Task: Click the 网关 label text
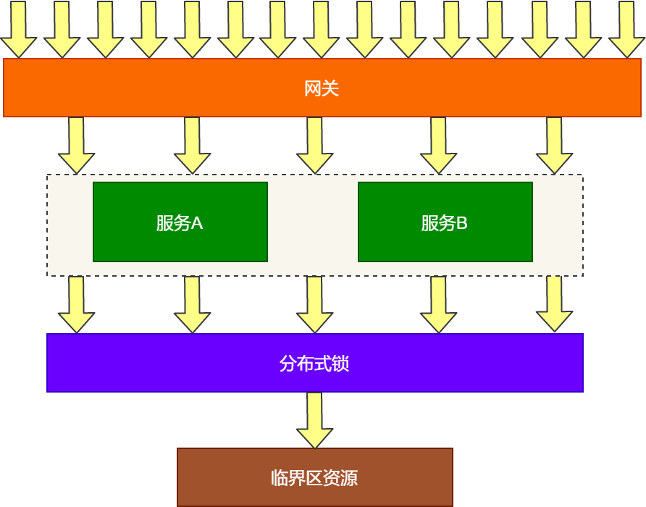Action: [x=322, y=89]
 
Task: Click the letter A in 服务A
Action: [x=197, y=223]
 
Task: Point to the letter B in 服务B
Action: [x=462, y=223]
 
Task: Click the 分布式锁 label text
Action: [x=314, y=364]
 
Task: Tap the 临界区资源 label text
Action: [x=314, y=478]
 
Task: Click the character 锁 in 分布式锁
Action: [x=341, y=364]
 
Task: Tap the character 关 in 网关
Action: [x=331, y=89]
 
